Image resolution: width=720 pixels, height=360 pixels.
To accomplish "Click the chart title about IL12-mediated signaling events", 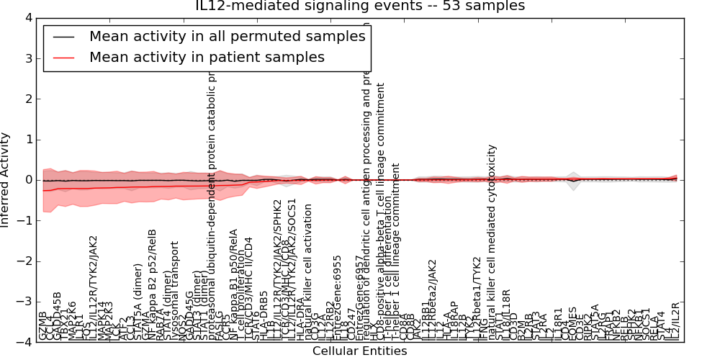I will point(360,6).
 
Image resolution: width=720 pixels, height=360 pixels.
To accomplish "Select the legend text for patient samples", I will point(207,58).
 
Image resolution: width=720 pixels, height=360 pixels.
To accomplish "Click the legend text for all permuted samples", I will point(227,37).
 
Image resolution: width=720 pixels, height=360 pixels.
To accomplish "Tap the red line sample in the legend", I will point(63,58).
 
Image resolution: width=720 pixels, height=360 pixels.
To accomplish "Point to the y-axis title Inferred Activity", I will point(6,179).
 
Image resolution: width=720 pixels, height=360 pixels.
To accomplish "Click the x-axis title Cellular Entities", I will point(359,351).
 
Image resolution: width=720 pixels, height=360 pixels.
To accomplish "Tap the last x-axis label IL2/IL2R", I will point(675,321).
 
